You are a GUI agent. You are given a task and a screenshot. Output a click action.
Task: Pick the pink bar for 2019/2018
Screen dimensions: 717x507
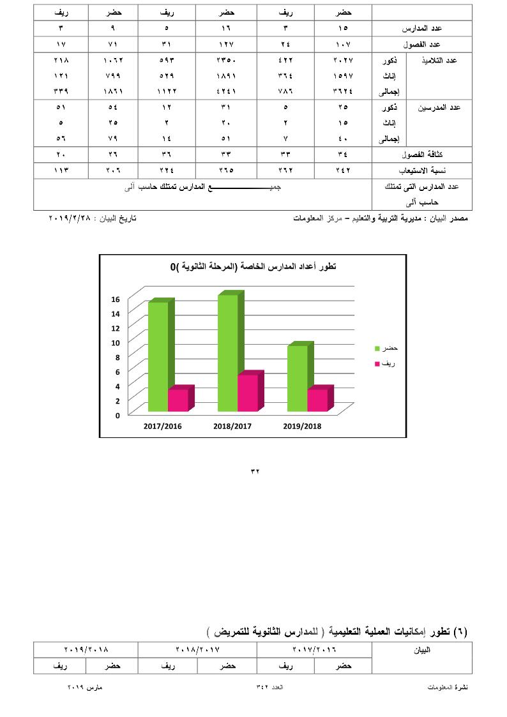pos(317,400)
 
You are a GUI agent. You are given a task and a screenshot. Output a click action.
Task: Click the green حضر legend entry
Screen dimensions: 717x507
pos(386,348)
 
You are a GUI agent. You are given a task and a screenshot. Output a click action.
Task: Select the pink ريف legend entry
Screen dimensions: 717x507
pos(386,363)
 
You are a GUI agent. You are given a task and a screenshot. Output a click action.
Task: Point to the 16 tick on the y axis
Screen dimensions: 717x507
pos(116,299)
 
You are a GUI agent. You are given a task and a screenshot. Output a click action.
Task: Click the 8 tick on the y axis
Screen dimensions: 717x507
pos(116,357)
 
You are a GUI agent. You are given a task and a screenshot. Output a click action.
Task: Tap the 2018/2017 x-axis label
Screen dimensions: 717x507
pos(232,426)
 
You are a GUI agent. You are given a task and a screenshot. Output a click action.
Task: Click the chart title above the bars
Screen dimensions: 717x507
pos(252,266)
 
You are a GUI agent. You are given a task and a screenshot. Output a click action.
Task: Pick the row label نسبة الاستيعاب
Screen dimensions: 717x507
pos(422,170)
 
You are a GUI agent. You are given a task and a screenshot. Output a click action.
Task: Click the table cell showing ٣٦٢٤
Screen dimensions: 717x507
pos(343,91)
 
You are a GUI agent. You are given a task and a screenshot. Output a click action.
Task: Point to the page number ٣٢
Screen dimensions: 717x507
pos(253,472)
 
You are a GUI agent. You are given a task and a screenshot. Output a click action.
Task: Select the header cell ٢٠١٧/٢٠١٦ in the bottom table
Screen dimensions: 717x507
pos(314,650)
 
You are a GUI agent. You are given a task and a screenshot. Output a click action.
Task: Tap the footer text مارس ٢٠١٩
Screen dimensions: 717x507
pos(86,687)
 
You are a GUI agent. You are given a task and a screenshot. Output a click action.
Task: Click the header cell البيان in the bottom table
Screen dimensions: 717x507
pos(422,651)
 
